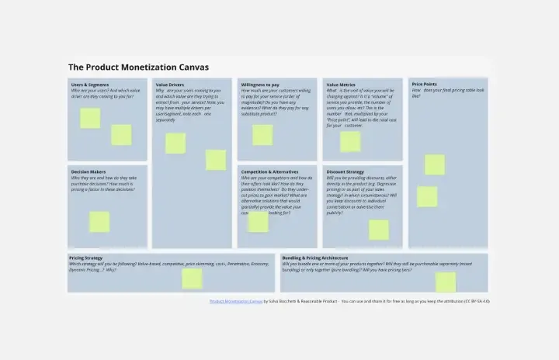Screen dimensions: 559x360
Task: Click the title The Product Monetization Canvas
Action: point(138,67)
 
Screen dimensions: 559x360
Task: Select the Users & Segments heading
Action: point(90,84)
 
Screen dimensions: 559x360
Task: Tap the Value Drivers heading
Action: point(170,84)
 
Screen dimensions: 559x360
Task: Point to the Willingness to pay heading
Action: point(260,84)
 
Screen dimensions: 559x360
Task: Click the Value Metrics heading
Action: point(341,84)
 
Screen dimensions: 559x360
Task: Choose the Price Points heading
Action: point(424,84)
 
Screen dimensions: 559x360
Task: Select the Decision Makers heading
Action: point(89,171)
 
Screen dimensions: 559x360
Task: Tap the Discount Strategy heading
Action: point(345,171)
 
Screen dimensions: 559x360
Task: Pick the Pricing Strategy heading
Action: point(86,258)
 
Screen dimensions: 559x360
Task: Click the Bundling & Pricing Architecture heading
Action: point(315,258)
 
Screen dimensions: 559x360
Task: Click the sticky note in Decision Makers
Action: point(99,222)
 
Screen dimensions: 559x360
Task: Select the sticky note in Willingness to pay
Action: point(262,135)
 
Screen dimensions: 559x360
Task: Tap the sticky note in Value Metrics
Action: point(350,141)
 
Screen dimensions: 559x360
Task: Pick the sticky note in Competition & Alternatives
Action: point(259,222)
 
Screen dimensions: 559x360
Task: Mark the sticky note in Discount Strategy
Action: point(379,230)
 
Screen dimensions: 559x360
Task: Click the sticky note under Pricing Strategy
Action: point(192,279)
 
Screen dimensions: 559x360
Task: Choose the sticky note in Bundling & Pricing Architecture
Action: point(446,282)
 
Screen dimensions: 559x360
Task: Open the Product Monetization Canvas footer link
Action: point(235,301)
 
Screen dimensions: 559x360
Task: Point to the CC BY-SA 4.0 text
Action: point(477,301)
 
